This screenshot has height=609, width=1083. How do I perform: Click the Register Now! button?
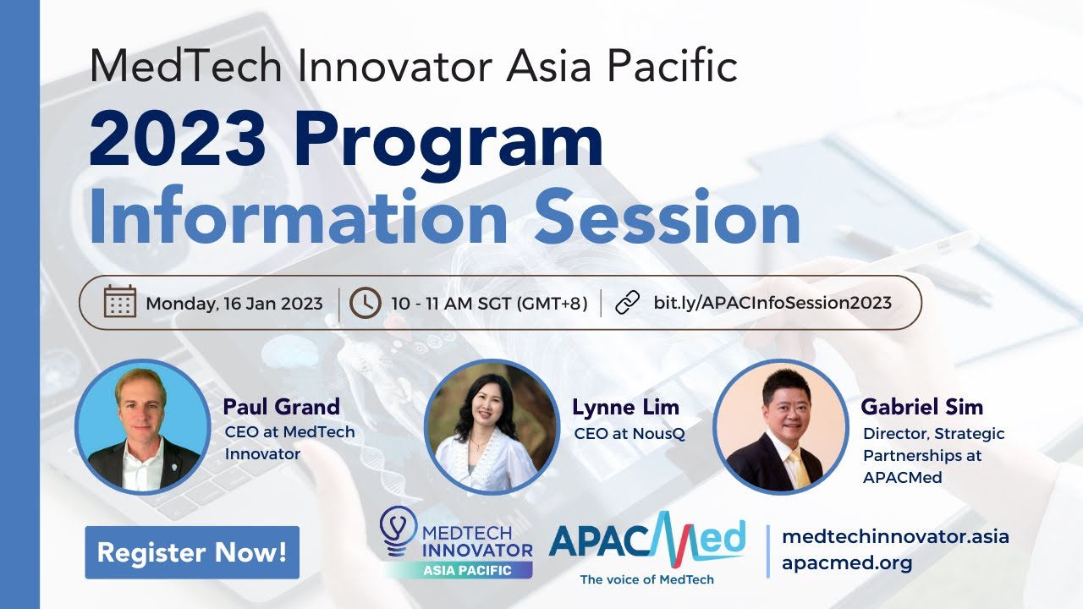(192, 552)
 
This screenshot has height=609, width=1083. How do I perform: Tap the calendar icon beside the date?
(120, 302)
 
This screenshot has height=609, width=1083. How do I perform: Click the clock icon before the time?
(365, 302)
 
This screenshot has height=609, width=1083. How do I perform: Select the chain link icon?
(627, 302)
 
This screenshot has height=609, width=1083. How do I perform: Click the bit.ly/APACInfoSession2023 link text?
(772, 302)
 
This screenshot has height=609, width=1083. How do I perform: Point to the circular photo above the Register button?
(143, 426)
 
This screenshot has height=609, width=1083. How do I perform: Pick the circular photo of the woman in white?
(492, 426)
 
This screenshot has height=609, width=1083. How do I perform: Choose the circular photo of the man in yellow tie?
(780, 426)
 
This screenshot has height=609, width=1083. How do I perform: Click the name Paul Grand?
(281, 407)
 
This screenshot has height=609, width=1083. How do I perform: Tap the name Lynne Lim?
(625, 407)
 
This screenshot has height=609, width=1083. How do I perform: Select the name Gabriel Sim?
(921, 407)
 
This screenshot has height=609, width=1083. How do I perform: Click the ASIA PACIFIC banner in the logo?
(467, 570)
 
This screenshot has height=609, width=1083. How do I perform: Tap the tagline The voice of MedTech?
(646, 579)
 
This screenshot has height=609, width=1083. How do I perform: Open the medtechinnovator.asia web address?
(895, 536)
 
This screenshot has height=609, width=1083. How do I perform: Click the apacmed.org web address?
(847, 563)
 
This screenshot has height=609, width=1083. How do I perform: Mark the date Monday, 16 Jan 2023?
(234, 303)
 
